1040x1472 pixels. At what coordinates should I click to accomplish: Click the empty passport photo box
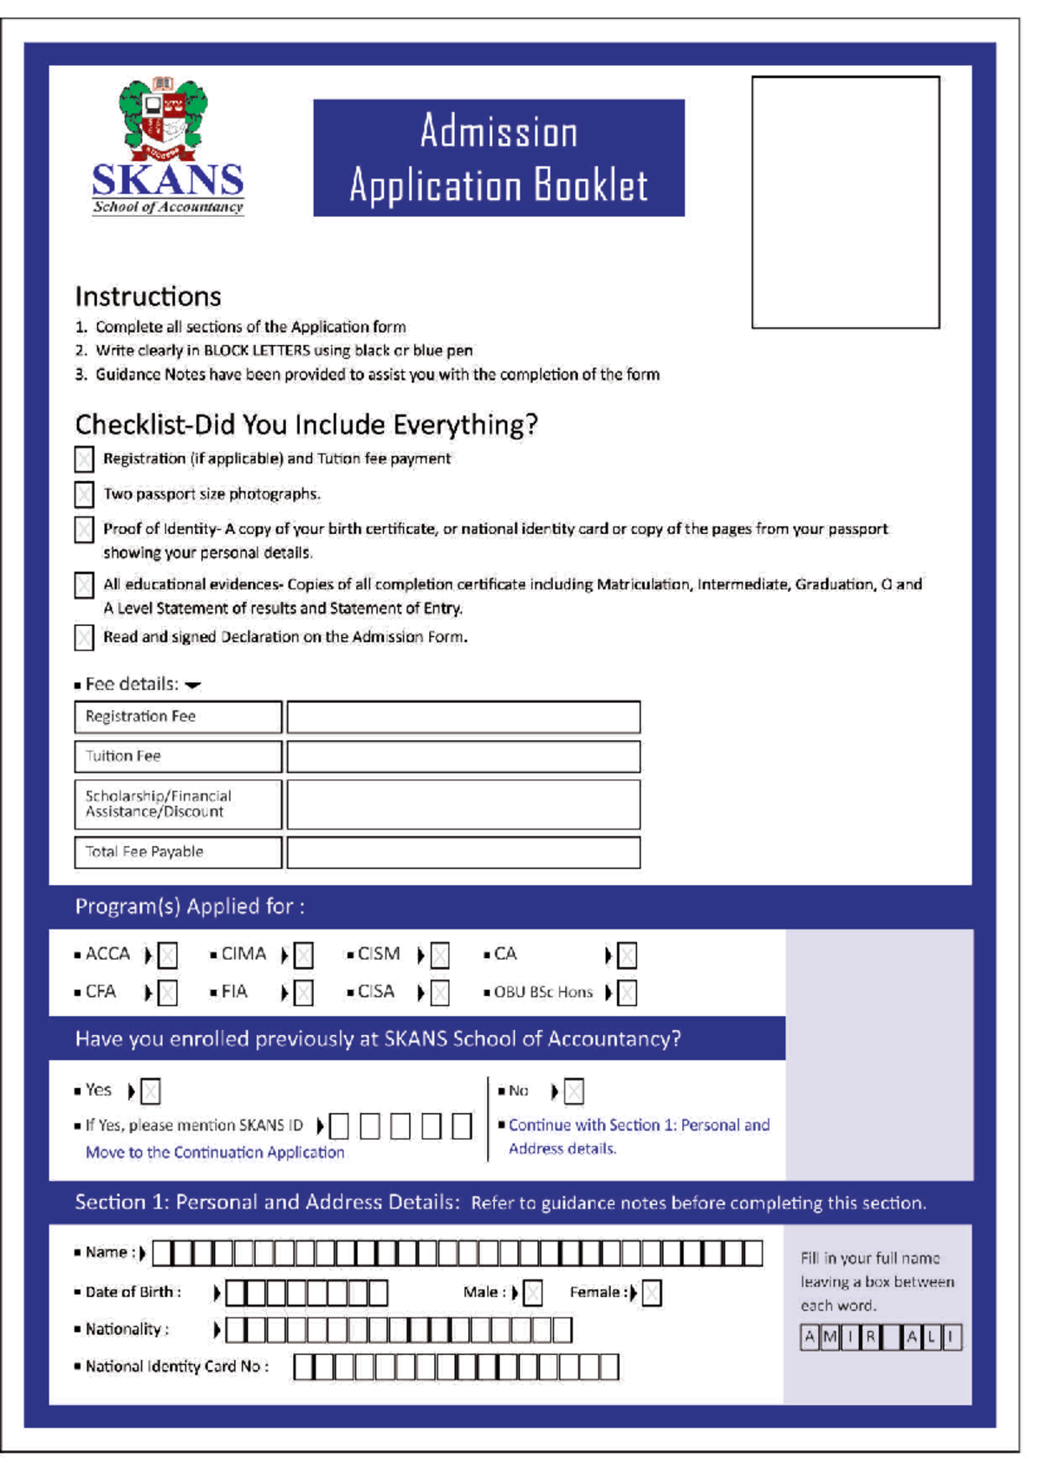coord(845,202)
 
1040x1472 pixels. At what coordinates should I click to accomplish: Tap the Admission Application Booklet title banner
coord(498,158)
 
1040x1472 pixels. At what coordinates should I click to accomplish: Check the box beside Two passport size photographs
coord(84,494)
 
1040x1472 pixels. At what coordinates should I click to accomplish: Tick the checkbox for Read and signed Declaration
coord(84,638)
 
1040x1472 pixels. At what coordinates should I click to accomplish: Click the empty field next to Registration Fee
coord(463,718)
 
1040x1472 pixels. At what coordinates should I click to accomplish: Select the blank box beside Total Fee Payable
coord(463,852)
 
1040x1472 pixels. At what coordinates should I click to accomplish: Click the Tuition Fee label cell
coord(178,756)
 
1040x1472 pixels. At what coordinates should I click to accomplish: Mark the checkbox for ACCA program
coord(168,955)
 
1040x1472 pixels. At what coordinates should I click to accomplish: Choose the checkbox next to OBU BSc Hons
coord(627,993)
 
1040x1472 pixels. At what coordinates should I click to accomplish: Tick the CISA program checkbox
coord(440,993)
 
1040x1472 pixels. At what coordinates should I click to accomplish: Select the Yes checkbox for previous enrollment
coord(151,1091)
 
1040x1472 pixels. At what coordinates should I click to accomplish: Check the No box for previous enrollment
coord(574,1091)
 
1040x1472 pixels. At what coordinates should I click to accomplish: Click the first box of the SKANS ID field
coord(340,1126)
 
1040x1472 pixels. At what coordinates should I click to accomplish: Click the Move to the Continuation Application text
coord(215,1152)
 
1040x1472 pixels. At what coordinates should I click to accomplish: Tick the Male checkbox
coord(533,1293)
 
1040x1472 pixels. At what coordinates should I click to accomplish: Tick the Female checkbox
coord(652,1293)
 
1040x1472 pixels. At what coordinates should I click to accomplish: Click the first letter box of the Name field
coord(163,1254)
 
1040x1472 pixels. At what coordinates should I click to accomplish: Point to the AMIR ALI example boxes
coord(880,1337)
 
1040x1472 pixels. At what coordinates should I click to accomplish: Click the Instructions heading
coord(148,296)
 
